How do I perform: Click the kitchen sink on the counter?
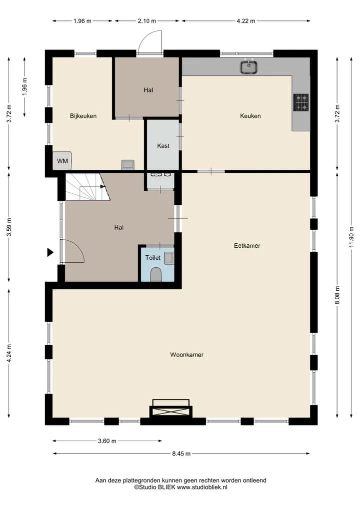click(249, 67)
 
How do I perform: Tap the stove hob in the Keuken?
click(301, 102)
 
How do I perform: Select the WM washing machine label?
click(62, 161)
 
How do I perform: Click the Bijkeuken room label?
click(83, 116)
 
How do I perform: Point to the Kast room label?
click(163, 146)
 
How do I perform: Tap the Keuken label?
click(250, 116)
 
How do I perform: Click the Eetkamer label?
click(247, 246)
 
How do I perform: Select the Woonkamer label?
click(187, 355)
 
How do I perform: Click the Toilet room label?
click(153, 258)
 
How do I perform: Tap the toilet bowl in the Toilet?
click(156, 275)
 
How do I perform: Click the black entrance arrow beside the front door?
click(50, 252)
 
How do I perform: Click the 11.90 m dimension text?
click(351, 237)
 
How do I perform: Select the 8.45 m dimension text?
click(181, 454)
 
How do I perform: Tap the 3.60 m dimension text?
click(107, 441)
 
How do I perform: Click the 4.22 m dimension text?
click(246, 21)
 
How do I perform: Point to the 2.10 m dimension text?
click(147, 21)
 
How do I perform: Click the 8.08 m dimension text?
click(337, 295)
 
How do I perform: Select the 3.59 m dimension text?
click(9, 227)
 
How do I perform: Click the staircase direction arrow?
click(103, 187)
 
